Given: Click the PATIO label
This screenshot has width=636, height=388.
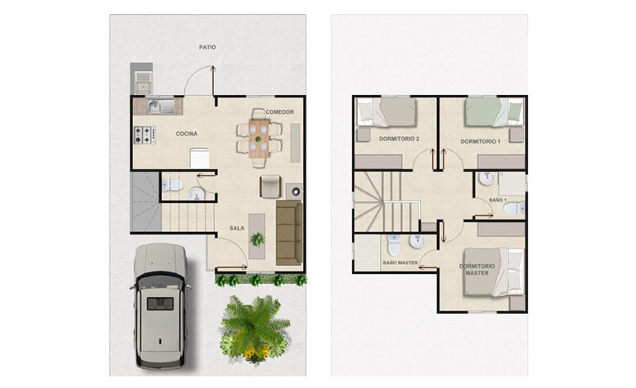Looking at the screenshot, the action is coord(207,47).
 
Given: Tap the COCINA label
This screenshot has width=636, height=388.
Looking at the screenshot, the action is coord(187,134).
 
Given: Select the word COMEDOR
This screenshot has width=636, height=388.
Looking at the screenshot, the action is coord(280,112).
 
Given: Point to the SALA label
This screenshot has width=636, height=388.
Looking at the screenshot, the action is coord(237,228).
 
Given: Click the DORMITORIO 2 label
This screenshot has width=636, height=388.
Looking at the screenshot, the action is coord(399,139).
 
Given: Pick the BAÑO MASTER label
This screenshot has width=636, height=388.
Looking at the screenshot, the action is coord(401,263).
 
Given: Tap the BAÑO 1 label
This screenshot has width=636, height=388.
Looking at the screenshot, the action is coord(498,200).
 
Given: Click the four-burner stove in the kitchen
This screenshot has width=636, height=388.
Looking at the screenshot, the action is coord(145,135).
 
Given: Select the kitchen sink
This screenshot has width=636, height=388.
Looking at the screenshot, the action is coord(160,106).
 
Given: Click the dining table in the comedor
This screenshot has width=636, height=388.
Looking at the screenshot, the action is coord(259,139).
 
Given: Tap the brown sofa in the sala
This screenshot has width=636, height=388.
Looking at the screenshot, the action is coord(289,233).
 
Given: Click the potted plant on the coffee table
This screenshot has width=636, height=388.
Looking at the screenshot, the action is coord(257,239).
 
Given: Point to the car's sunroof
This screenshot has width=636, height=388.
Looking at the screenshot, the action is coord(160,304).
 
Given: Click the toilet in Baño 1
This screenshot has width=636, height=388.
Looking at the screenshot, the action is coord(515,208).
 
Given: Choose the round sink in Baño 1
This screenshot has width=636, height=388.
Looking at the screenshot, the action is coord(486,178).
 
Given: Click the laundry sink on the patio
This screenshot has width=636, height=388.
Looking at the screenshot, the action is coord(142,83).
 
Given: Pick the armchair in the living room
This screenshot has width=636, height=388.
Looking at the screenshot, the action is coord(270,187).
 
